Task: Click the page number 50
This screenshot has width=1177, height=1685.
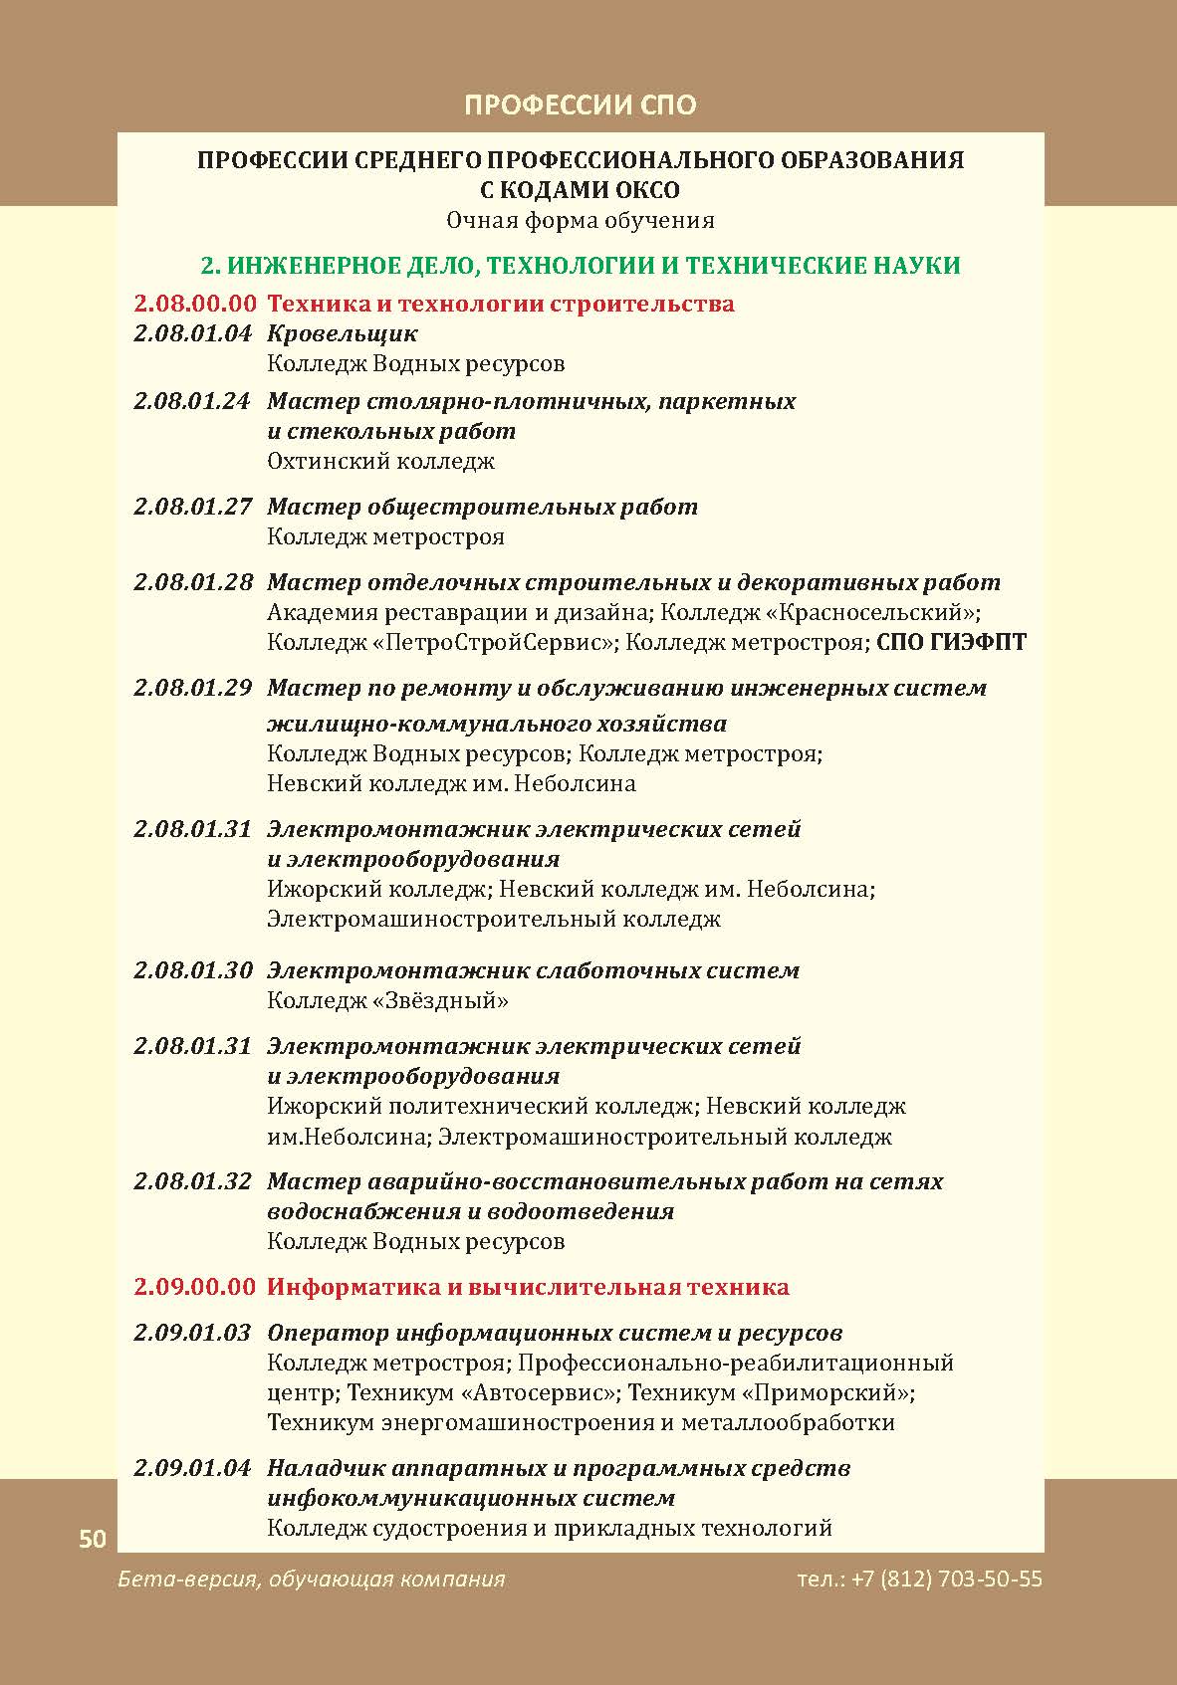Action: click(x=92, y=1539)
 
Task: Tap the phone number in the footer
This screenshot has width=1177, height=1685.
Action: click(x=919, y=1579)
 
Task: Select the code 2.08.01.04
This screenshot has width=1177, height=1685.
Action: click(x=193, y=333)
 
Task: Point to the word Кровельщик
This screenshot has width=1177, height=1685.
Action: click(x=342, y=333)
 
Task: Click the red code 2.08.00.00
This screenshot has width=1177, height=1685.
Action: click(x=195, y=304)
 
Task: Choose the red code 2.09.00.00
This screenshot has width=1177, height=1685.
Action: click(x=195, y=1287)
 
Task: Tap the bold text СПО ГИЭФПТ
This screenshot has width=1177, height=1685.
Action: click(x=951, y=642)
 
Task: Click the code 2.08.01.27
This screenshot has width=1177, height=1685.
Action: click(x=193, y=507)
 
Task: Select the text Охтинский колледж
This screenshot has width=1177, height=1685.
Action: click(x=380, y=461)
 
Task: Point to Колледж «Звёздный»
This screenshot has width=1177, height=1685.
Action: click(x=387, y=1000)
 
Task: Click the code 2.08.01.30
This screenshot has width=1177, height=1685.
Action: click(x=193, y=970)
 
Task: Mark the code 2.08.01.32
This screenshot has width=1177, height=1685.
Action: click(x=193, y=1181)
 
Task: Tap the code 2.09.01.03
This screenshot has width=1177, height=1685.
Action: click(x=193, y=1333)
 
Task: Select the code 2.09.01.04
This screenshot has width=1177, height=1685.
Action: click(x=193, y=1468)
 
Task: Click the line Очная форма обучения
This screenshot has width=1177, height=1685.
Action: click(x=580, y=220)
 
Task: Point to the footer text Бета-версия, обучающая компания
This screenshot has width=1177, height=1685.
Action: click(x=311, y=1579)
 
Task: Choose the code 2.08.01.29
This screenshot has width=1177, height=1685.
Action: click(x=193, y=688)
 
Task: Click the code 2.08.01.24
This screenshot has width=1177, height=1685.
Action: click(x=193, y=401)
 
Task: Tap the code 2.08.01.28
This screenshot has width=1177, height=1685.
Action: click(x=193, y=582)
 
